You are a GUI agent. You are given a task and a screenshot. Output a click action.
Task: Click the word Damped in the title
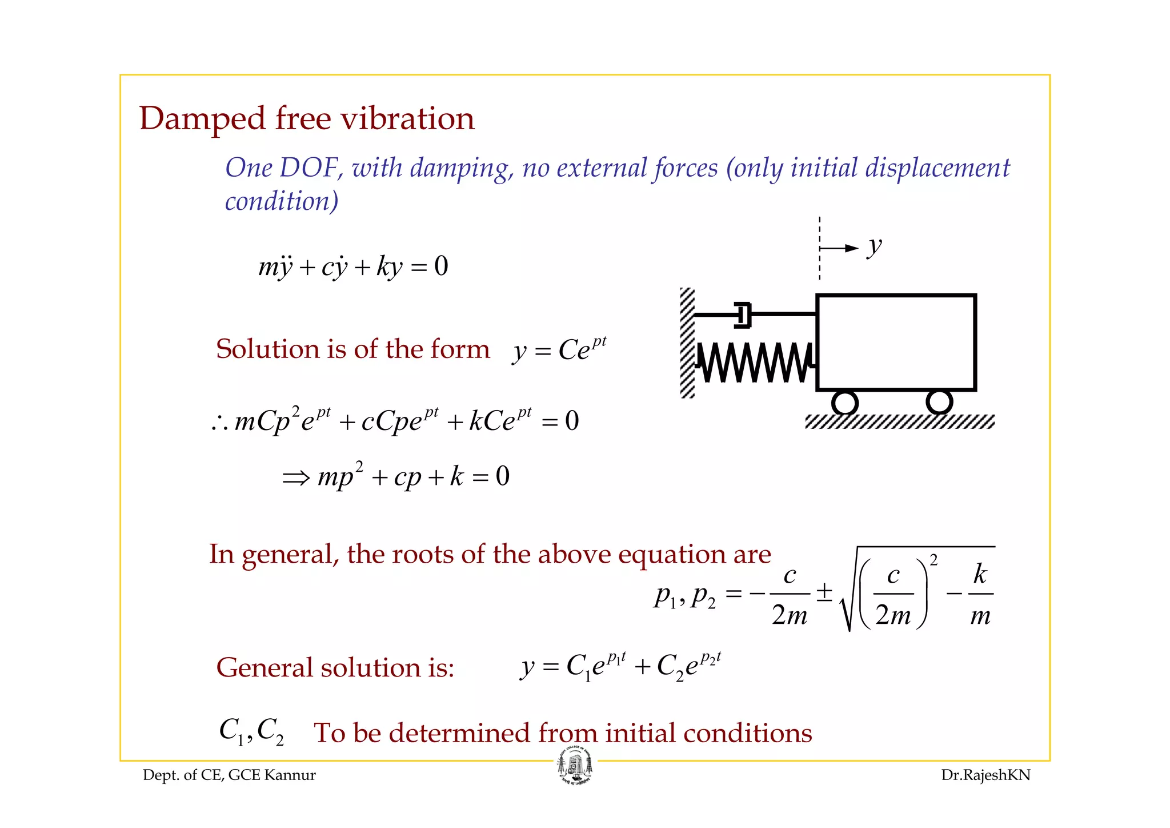(202, 119)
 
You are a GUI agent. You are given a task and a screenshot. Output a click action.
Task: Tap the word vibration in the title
(407, 119)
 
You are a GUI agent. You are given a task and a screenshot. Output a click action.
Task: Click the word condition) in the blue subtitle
(282, 201)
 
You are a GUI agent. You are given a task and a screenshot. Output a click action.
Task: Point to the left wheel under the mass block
(845, 403)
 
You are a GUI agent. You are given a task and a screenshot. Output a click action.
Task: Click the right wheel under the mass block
(939, 401)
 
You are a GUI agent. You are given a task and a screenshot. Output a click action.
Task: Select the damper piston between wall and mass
(742, 315)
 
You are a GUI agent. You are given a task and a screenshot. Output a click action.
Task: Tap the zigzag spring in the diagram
(754, 363)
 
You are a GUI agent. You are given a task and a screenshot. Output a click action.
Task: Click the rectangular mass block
(896, 343)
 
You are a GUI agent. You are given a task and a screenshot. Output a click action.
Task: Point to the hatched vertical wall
(687, 343)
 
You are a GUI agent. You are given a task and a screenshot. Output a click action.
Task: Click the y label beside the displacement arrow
(875, 247)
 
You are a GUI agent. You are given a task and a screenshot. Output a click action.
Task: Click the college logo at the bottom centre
(575, 767)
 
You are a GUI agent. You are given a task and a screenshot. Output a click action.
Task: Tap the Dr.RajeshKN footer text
(985, 775)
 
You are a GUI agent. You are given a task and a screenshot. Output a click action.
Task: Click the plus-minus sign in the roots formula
(824, 592)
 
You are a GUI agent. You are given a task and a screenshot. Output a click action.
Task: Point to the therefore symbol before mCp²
(220, 423)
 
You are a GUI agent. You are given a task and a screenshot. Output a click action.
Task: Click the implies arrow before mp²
(296, 477)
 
